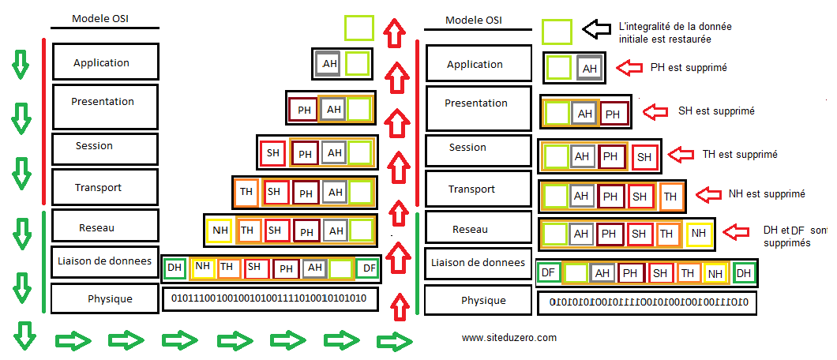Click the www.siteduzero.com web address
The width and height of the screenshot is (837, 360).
point(509,337)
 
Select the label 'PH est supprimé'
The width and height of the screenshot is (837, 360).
point(688,68)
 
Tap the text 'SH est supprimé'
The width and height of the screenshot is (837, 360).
point(716,111)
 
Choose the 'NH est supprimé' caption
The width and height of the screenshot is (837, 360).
point(766,193)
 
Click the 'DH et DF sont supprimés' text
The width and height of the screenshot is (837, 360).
point(793,235)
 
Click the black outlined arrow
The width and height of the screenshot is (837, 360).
point(597,29)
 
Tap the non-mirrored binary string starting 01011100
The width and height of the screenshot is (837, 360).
point(268,298)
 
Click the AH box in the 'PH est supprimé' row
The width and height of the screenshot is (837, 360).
point(589,69)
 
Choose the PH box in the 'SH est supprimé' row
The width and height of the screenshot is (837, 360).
point(613,114)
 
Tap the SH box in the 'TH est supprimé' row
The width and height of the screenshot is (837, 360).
point(644,156)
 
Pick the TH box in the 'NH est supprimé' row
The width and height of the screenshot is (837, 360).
point(670,196)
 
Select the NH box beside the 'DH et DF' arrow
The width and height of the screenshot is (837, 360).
point(698,234)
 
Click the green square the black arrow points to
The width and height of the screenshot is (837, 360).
point(557,32)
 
